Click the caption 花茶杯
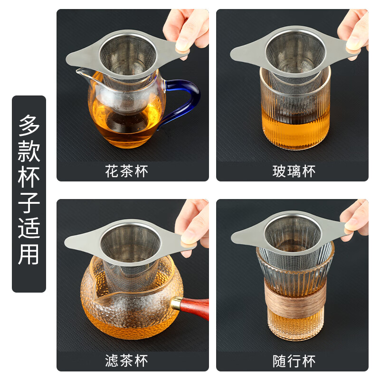tap(126, 171)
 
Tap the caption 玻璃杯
tap(294, 171)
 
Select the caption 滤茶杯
tap(126, 361)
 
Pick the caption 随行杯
tap(294, 361)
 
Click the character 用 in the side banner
tap(29, 254)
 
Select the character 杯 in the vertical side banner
tap(29, 177)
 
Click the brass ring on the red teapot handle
tap(176, 303)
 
